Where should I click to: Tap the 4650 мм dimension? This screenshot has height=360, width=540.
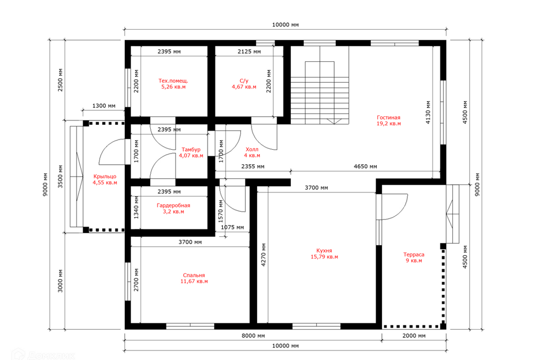tap(365, 166)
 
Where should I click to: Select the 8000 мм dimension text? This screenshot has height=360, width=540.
tap(253, 336)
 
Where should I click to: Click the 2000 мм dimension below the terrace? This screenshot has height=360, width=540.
tap(413, 336)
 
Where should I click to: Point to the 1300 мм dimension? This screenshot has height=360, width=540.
tap(103, 106)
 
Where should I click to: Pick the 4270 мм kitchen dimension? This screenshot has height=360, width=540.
tap(263, 255)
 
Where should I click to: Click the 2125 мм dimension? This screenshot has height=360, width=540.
tap(249, 52)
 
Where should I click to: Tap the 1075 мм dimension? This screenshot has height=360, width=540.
tap(232, 227)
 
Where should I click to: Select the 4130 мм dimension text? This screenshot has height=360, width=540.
tap(428, 112)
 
